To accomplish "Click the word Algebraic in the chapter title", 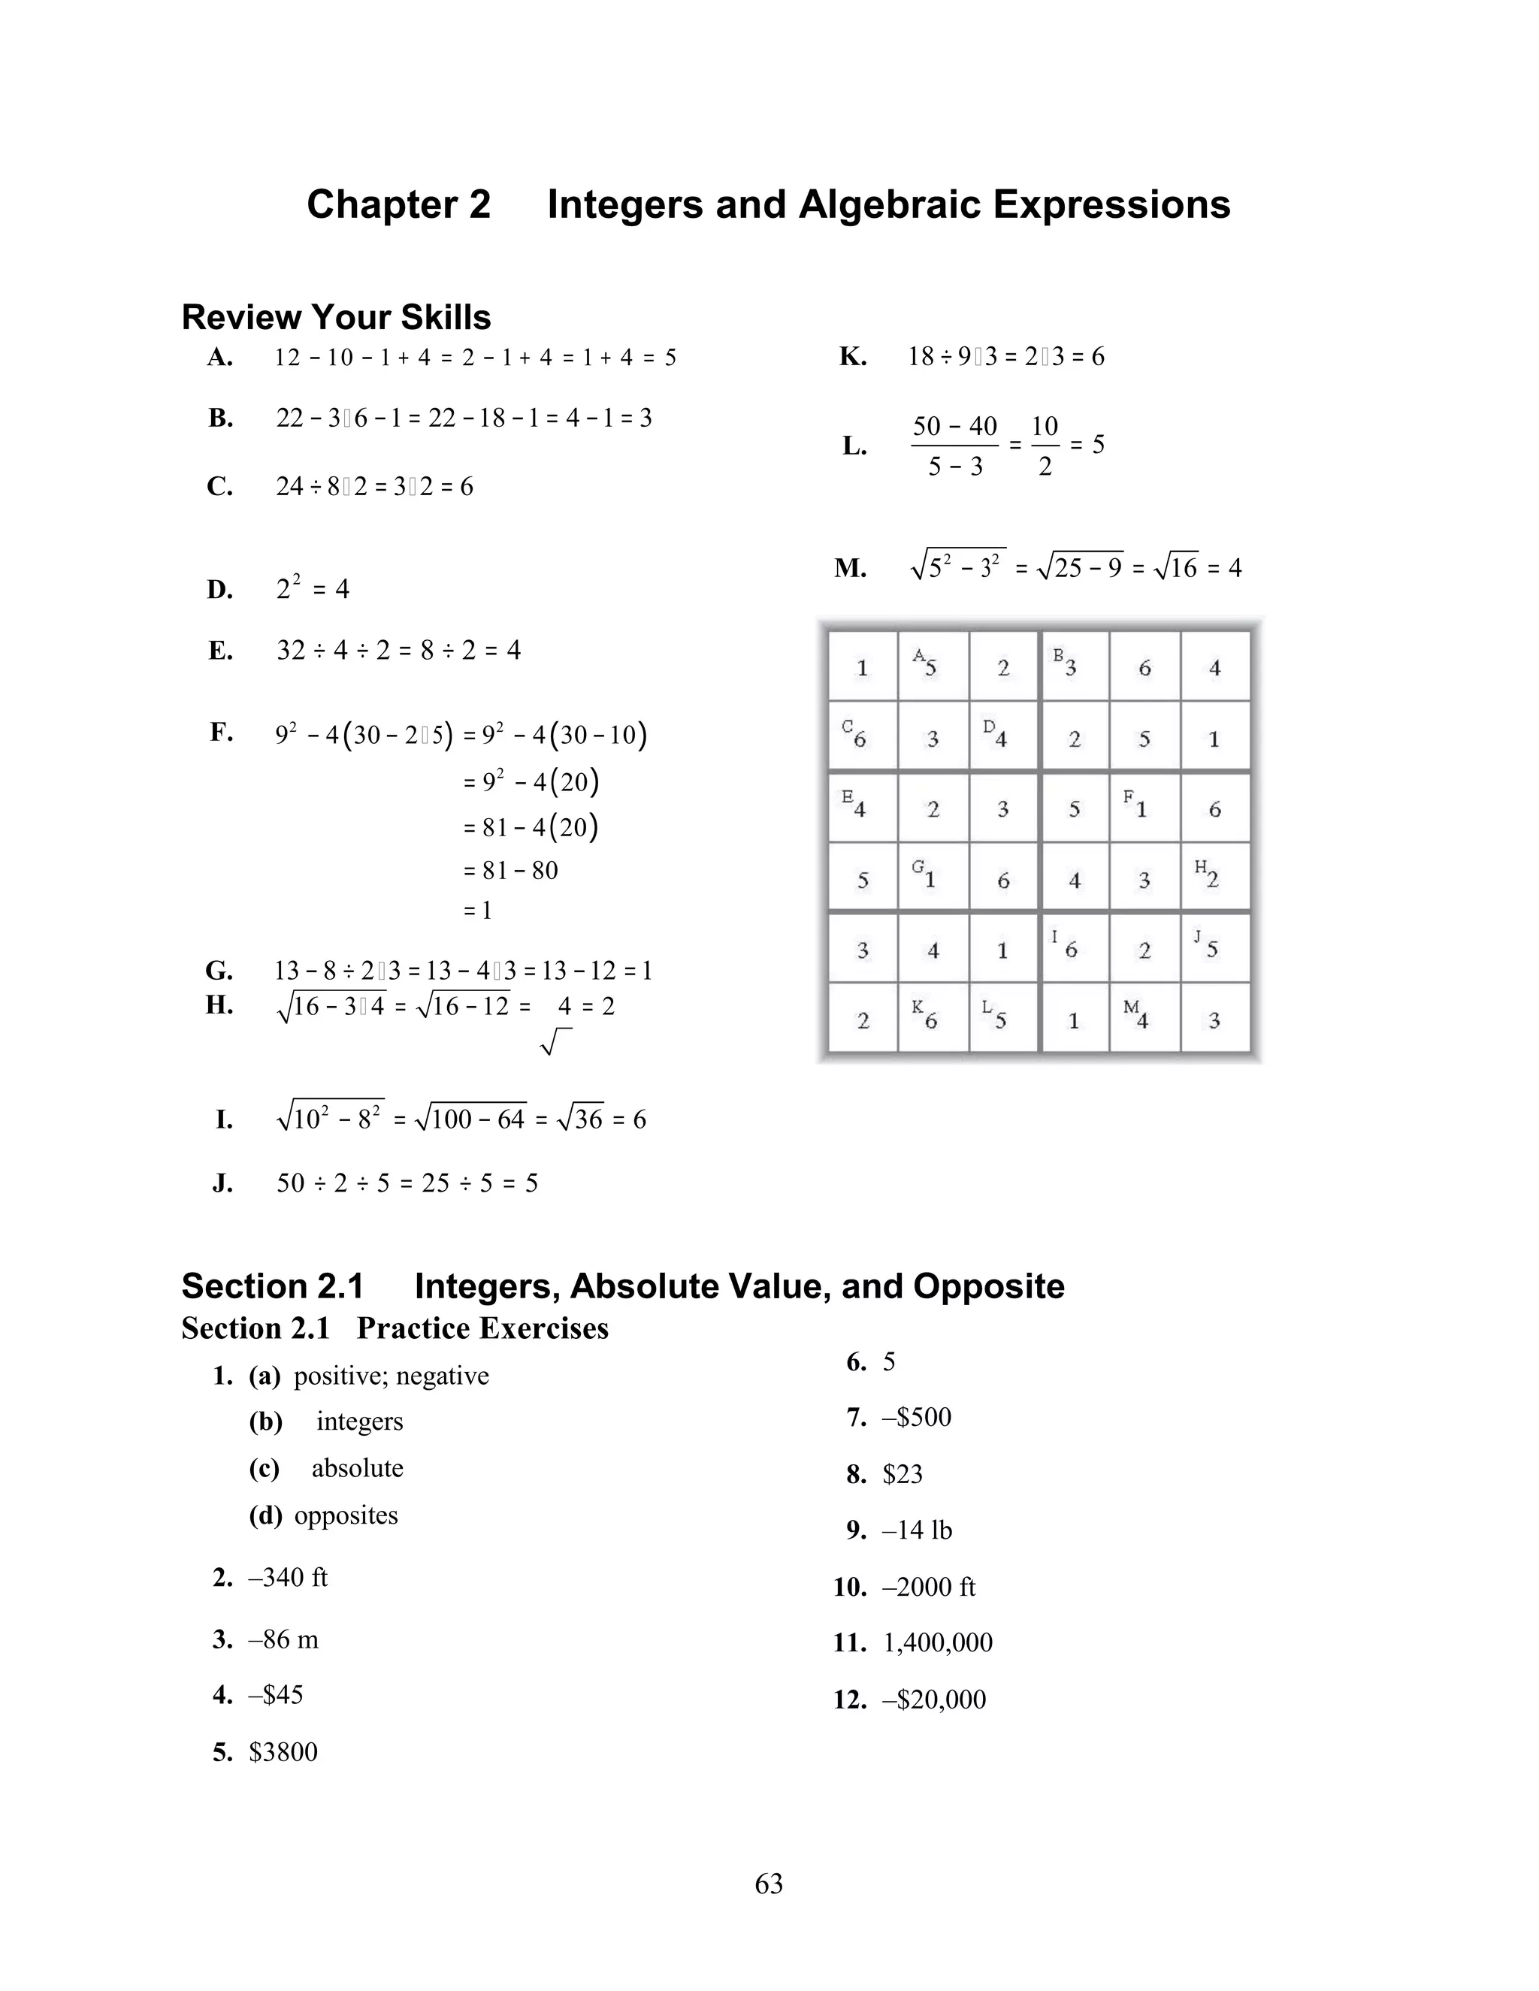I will click(x=890, y=204).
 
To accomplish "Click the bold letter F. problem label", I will click(x=222, y=732).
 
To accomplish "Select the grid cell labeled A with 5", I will click(x=932, y=666).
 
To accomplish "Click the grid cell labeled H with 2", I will click(x=1214, y=877).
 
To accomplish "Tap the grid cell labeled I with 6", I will click(x=1073, y=948).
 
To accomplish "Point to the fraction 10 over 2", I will click(x=1044, y=445).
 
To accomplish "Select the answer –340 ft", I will click(x=287, y=1577).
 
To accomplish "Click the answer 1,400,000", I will click(x=937, y=1642).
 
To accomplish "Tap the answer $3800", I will click(x=283, y=1751).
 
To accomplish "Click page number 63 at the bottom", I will click(x=769, y=1884).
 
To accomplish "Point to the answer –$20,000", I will click(x=933, y=1699).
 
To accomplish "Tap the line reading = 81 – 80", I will click(x=510, y=870).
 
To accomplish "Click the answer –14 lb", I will click(x=916, y=1530).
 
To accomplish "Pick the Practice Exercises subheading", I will click(x=482, y=1328).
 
